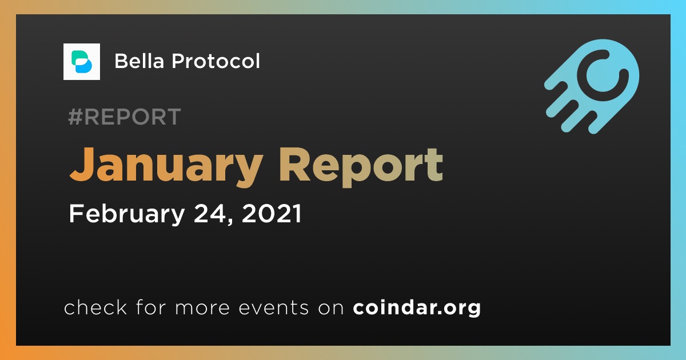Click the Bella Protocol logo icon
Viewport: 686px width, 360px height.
[81, 62]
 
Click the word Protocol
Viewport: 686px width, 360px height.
[216, 61]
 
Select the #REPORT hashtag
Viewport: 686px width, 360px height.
[125, 117]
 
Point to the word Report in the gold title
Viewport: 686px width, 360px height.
[361, 167]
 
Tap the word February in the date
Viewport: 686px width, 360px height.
[127, 214]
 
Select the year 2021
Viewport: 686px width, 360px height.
[272, 213]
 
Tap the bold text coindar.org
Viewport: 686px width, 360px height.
[417, 307]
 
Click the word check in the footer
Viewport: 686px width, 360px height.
[95, 307]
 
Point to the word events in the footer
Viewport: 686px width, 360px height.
[274, 307]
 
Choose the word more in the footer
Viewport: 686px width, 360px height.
[202, 308]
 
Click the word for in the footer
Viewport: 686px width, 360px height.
[151, 307]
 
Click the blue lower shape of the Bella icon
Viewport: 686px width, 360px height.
[83, 66]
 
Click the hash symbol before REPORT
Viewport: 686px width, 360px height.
[75, 117]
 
